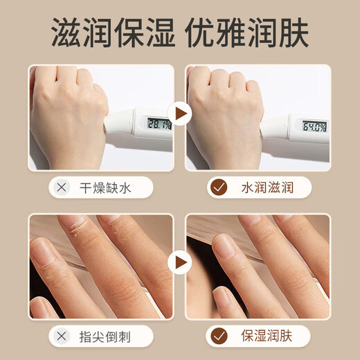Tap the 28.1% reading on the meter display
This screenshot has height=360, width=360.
pyautogui.click(x=158, y=123)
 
